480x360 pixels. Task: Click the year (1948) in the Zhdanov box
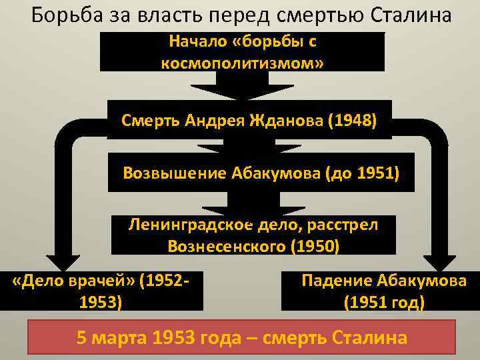coord(355,121)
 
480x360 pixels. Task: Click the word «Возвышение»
coord(175,173)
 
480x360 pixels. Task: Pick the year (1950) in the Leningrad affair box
coord(315,245)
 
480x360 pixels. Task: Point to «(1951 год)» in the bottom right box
coord(384,302)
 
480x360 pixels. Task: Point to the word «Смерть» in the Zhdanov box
coord(147,121)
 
